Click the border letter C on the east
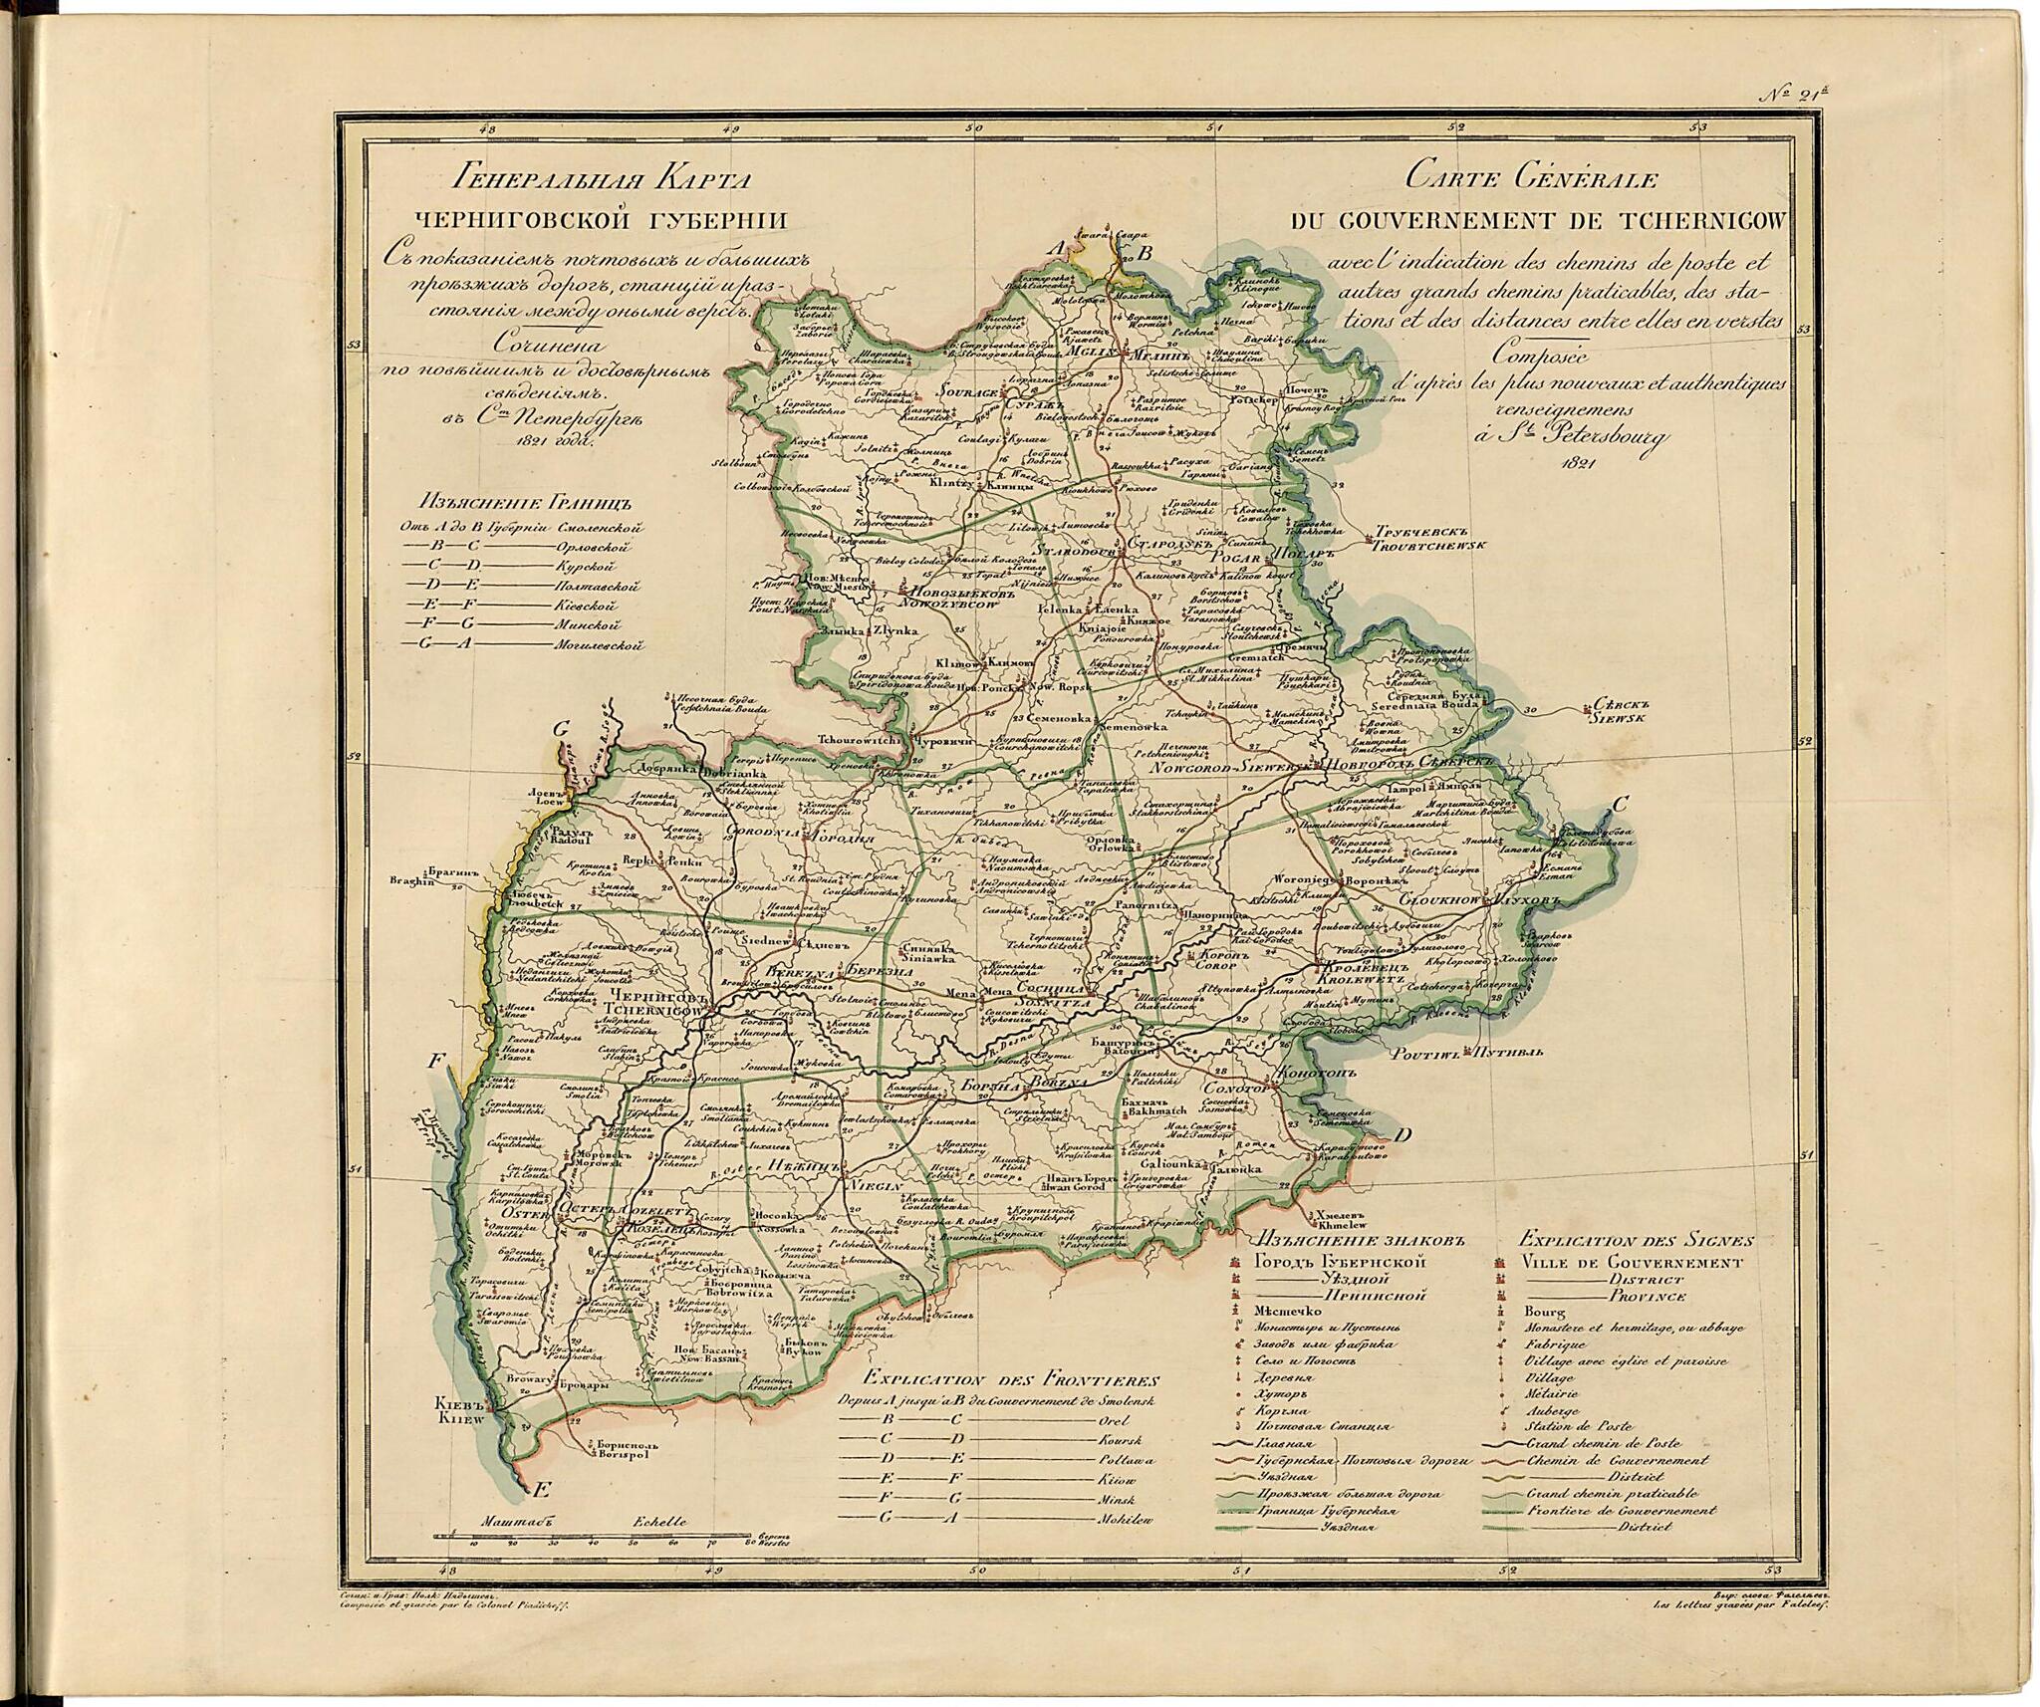tap(1622, 804)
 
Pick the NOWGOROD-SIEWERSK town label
tap(1232, 769)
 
